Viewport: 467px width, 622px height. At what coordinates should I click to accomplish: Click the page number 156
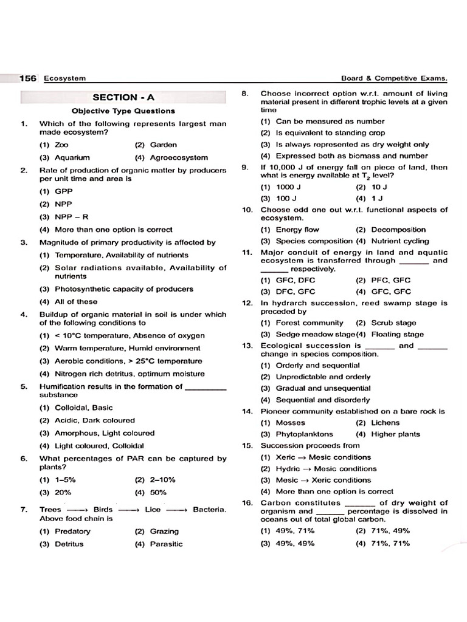tap(28, 78)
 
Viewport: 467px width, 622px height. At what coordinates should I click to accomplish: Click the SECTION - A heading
tap(123, 97)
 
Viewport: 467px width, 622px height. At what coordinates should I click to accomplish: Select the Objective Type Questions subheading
tap(123, 111)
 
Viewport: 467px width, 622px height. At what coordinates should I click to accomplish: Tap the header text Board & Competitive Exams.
tap(395, 78)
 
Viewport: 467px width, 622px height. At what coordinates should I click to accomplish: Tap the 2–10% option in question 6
tap(154, 479)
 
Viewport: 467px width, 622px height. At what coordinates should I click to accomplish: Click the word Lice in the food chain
tap(153, 509)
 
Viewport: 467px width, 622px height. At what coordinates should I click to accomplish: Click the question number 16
tap(247, 503)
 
